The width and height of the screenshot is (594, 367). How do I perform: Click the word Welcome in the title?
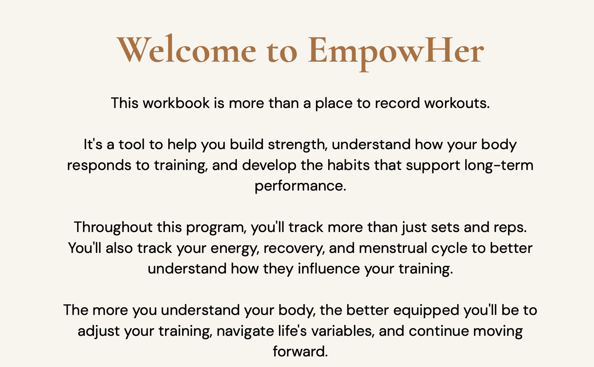187,49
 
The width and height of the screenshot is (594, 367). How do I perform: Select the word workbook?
176,103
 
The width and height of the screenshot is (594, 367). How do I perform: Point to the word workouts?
457,103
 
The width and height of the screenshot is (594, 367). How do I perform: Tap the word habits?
348,165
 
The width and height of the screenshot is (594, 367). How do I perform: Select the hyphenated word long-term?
499,165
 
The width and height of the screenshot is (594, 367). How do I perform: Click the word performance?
301,186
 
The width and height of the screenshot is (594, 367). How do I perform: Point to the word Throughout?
113,228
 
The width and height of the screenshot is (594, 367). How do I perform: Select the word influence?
329,269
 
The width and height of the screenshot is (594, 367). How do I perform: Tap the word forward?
301,351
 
